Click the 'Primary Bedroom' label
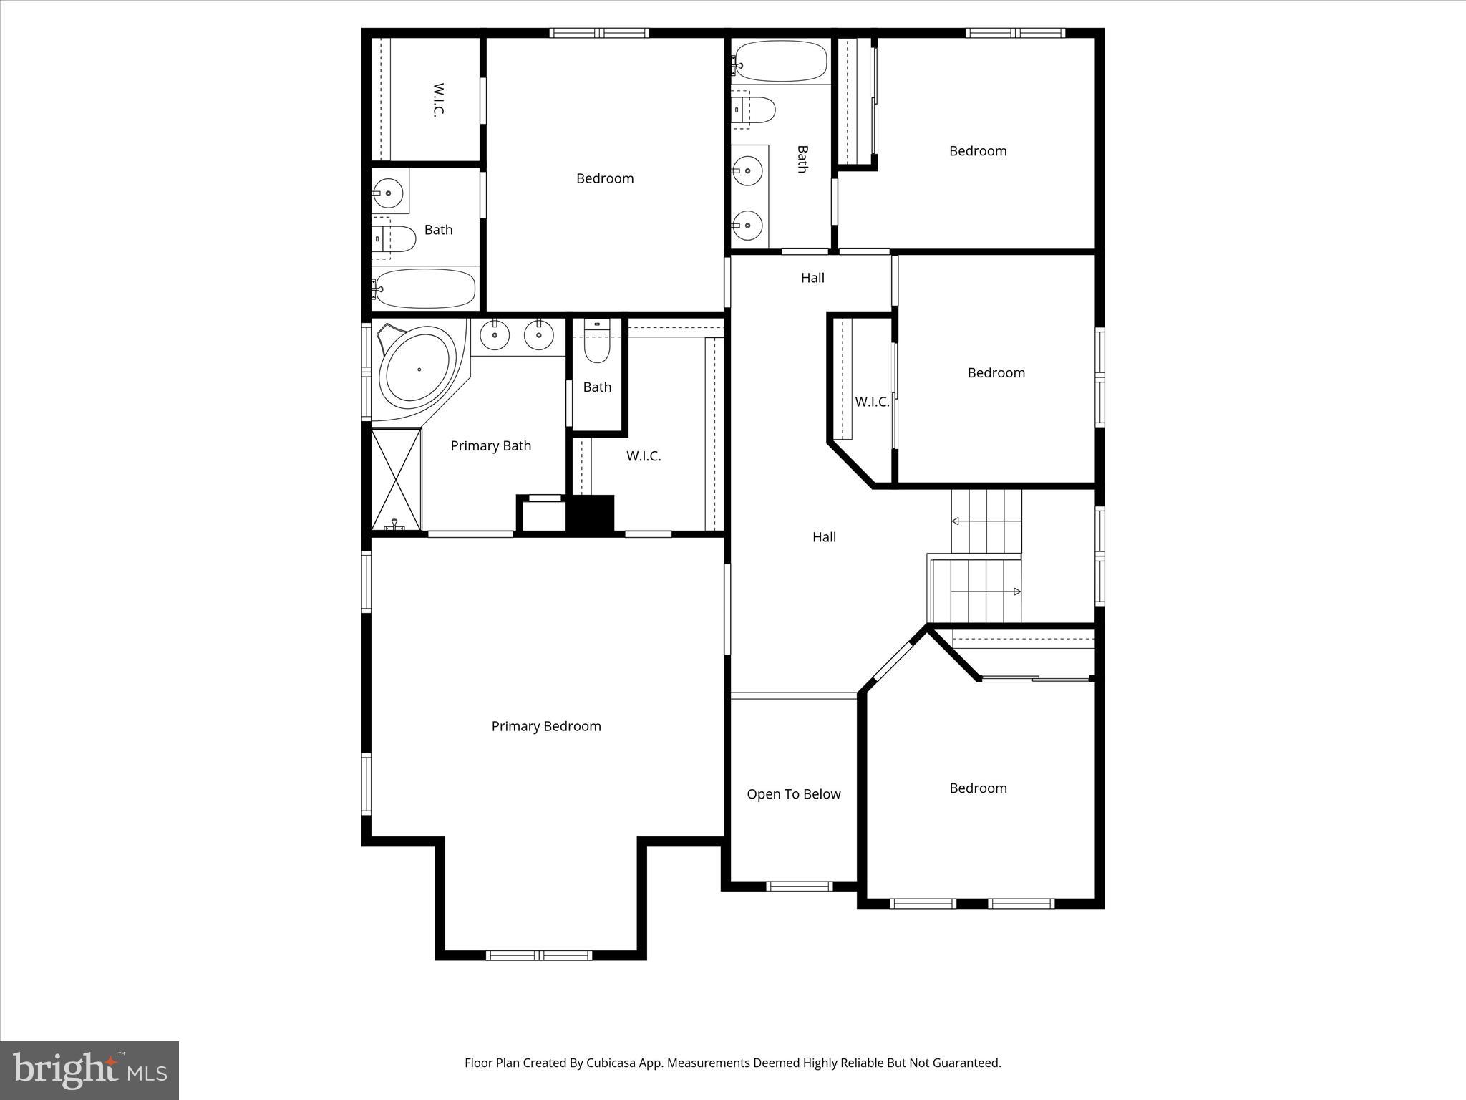(546, 726)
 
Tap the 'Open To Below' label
(793, 794)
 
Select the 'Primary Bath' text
(490, 446)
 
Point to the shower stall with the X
(396, 479)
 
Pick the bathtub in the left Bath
(424, 289)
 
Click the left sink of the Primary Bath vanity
(495, 334)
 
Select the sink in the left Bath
(389, 193)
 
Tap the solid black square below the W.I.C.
(591, 513)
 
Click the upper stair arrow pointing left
(955, 521)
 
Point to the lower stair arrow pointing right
(1016, 592)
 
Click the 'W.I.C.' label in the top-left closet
(438, 100)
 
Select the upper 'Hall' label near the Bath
(812, 278)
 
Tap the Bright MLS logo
(89, 1070)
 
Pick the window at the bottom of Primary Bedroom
(539, 955)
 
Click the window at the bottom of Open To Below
(799, 886)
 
